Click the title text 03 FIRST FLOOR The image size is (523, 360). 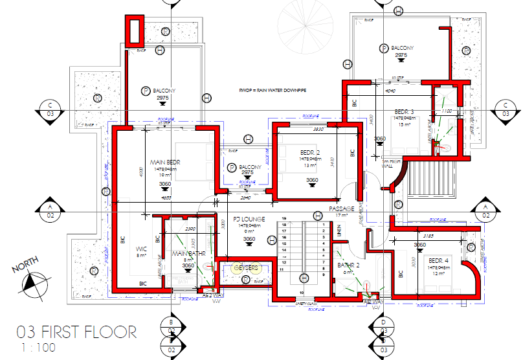tap(76, 333)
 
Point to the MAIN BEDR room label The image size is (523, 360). tap(165, 162)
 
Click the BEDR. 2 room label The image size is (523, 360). tap(309, 152)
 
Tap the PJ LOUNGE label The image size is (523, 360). tap(249, 219)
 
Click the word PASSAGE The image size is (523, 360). tap(341, 209)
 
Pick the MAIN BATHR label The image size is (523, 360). tap(188, 253)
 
